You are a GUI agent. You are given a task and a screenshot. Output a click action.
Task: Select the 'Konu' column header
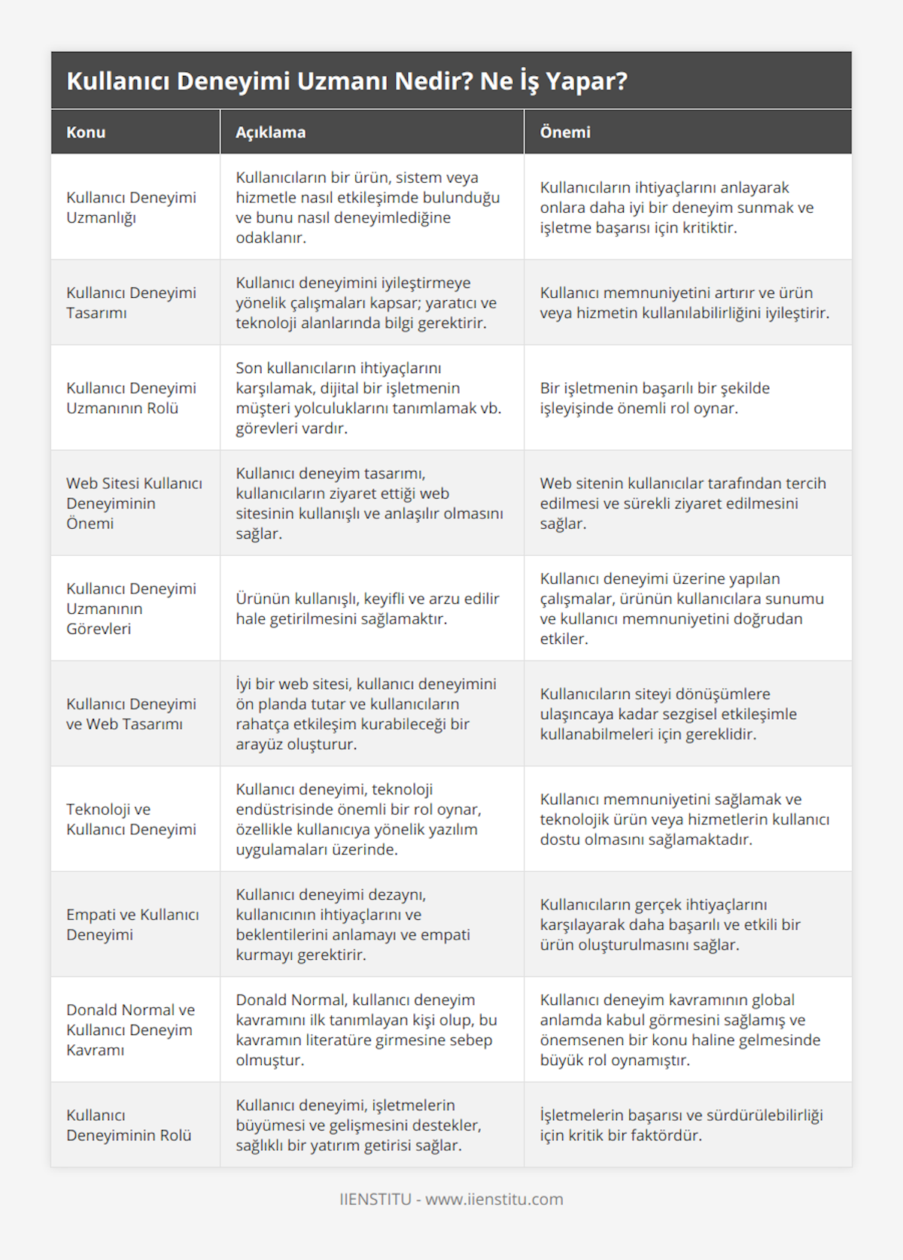coord(86,132)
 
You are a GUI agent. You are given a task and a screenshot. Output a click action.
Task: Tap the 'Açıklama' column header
coord(270,132)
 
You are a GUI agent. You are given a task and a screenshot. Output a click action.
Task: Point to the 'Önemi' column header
coord(565,132)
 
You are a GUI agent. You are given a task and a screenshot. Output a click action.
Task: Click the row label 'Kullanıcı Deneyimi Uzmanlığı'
coord(131,208)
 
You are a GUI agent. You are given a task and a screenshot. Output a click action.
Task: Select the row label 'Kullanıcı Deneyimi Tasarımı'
coord(131,302)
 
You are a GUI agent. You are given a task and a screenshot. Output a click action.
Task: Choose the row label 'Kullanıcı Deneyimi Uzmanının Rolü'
coord(131,398)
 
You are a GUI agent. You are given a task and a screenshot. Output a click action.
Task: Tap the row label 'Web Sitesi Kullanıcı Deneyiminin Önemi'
coord(134,503)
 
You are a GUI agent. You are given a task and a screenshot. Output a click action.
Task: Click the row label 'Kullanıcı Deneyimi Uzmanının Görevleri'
coord(131,609)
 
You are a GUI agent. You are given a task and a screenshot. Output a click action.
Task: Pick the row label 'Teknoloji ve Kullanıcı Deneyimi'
coord(131,819)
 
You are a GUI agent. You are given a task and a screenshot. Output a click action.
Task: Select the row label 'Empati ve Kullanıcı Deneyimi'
coord(132,925)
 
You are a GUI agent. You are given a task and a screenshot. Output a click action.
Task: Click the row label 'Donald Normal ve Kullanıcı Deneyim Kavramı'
coord(130,1030)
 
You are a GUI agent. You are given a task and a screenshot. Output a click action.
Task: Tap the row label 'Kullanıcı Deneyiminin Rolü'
coord(129,1125)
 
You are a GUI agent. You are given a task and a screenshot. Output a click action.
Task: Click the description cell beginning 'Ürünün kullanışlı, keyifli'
coord(367,609)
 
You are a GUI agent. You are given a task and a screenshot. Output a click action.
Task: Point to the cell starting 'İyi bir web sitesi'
coord(366,714)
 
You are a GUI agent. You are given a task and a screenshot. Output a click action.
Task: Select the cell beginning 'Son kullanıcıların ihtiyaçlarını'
coord(368,398)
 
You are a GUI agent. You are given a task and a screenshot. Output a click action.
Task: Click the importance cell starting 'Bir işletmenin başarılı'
coord(655,398)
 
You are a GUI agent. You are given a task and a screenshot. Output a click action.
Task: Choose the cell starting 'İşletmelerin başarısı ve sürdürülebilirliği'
coord(681,1125)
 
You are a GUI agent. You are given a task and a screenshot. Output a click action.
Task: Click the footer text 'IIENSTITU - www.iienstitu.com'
coord(451,1199)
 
